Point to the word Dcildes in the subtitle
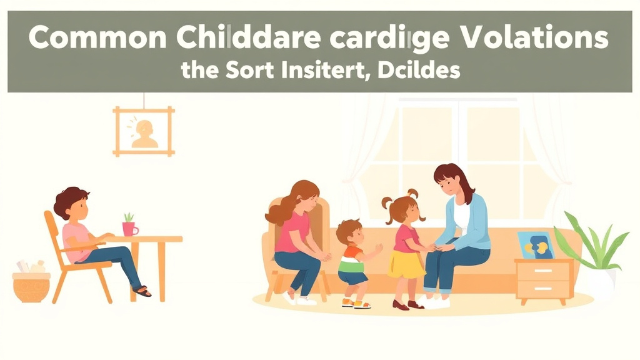point(413,70)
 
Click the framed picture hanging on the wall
point(143,131)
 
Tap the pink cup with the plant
point(129,228)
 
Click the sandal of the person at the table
point(142,291)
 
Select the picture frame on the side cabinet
point(536,245)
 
